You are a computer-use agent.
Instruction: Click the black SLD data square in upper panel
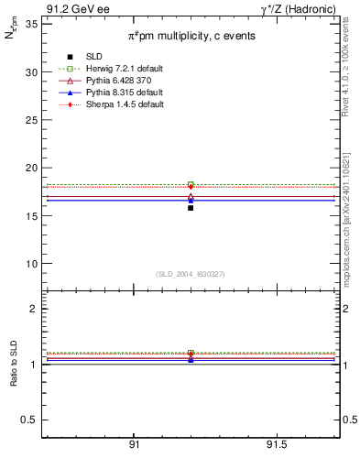[x=191, y=208]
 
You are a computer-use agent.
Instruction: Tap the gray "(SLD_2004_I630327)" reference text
[x=190, y=273]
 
